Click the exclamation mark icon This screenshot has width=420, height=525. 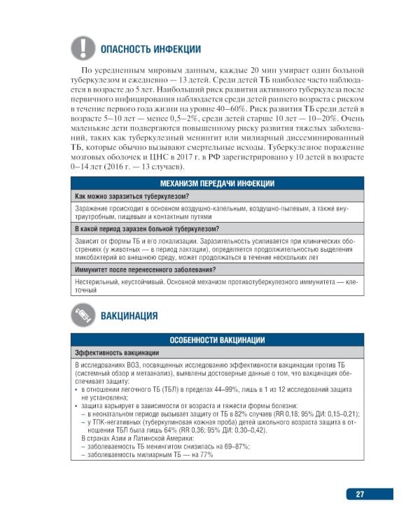83,48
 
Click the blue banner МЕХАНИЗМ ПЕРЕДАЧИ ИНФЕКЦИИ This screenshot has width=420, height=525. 218,183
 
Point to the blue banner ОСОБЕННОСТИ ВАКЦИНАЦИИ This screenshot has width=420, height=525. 218,340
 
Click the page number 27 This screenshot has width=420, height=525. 360,493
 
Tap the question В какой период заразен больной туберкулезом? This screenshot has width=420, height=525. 146,229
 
